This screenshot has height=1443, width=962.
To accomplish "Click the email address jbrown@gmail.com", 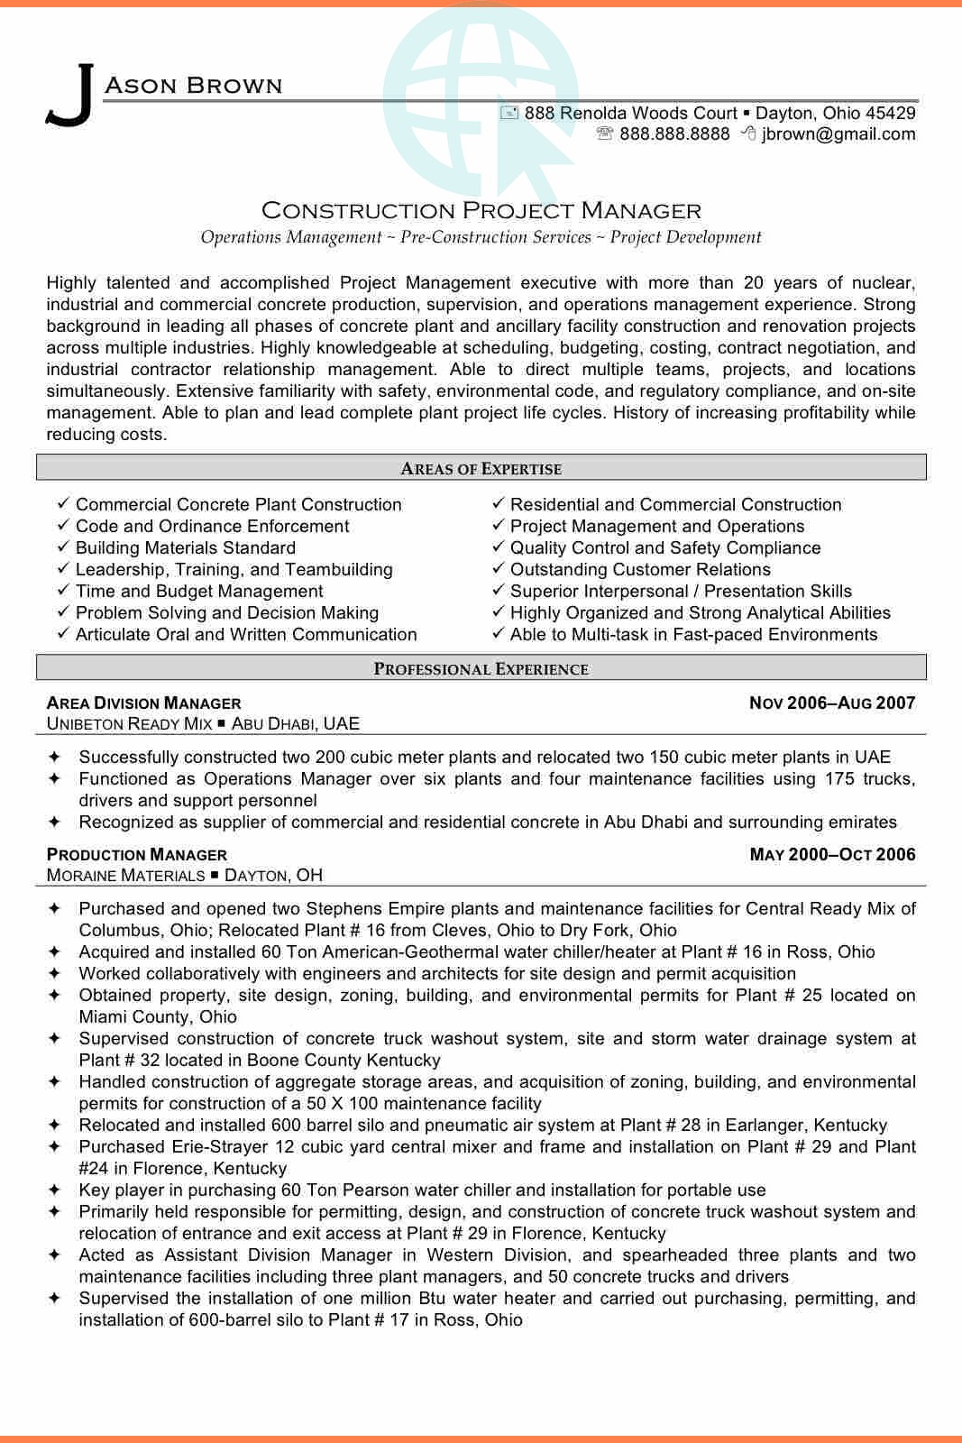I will (838, 134).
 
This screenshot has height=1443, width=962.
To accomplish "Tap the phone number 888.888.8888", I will (674, 134).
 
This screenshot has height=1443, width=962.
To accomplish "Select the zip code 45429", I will (890, 113).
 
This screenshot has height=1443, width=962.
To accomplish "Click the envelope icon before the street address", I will (509, 113).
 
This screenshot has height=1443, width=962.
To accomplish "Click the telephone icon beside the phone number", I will (604, 134).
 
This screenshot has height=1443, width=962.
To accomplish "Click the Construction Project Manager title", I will (481, 211).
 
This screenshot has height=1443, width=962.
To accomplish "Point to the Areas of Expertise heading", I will (481, 469).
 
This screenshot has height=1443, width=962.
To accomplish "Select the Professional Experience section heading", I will (481, 669).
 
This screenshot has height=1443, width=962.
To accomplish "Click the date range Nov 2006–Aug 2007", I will (831, 703).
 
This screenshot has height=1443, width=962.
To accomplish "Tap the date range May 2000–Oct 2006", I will (831, 855).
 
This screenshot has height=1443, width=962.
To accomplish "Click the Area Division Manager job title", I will (143, 703).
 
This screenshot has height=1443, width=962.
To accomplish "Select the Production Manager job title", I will (136, 855).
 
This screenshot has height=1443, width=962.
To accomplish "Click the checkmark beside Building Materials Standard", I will (63, 547).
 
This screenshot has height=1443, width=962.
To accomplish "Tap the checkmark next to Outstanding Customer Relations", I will (499, 569).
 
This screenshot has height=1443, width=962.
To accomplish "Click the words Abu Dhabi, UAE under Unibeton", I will (295, 724).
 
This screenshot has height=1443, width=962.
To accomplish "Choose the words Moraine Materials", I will (125, 876).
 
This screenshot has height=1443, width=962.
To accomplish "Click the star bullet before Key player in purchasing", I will (54, 1190).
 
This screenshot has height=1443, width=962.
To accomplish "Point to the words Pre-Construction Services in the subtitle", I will (495, 237).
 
